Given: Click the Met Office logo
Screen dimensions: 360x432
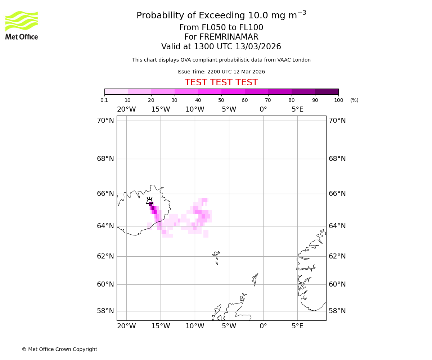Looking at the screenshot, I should pos(22,25).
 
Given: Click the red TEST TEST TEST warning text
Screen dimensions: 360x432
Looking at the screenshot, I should pos(221,82).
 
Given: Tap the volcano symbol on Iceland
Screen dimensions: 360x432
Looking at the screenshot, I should pos(149,201).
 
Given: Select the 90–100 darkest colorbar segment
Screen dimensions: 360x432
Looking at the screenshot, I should pos(327,91).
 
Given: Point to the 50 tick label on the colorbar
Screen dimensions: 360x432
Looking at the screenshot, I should pos(221,100).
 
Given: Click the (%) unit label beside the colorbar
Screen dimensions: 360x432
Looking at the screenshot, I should pos(354,100).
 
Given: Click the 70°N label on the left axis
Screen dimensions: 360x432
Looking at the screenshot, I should pos(105,121).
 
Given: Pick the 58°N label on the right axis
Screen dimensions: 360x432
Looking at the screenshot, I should pos(337,311).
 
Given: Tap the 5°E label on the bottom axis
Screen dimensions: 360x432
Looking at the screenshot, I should pos(297,326).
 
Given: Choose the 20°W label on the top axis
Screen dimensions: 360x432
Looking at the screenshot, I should pos(126,109).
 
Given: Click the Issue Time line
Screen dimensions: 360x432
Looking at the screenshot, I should pos(221,72).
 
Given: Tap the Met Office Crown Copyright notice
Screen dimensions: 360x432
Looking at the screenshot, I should pos(59,350).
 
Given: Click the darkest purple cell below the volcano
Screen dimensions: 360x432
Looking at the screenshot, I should pos(150,204).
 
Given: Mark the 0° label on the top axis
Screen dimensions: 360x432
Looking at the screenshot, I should pos(263,109).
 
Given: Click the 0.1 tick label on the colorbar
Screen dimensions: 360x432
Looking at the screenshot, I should pos(104,100).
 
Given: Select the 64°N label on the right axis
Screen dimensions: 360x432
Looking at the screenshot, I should pos(337,226).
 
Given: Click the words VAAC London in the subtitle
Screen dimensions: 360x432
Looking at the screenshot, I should pos(294,60).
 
